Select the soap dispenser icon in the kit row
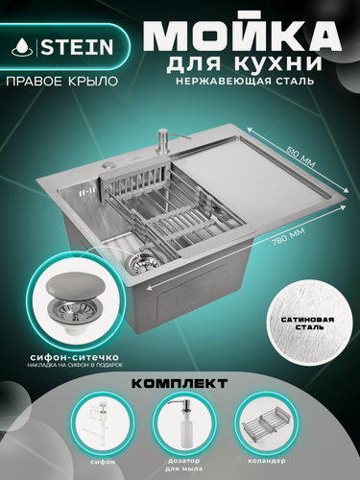180,423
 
